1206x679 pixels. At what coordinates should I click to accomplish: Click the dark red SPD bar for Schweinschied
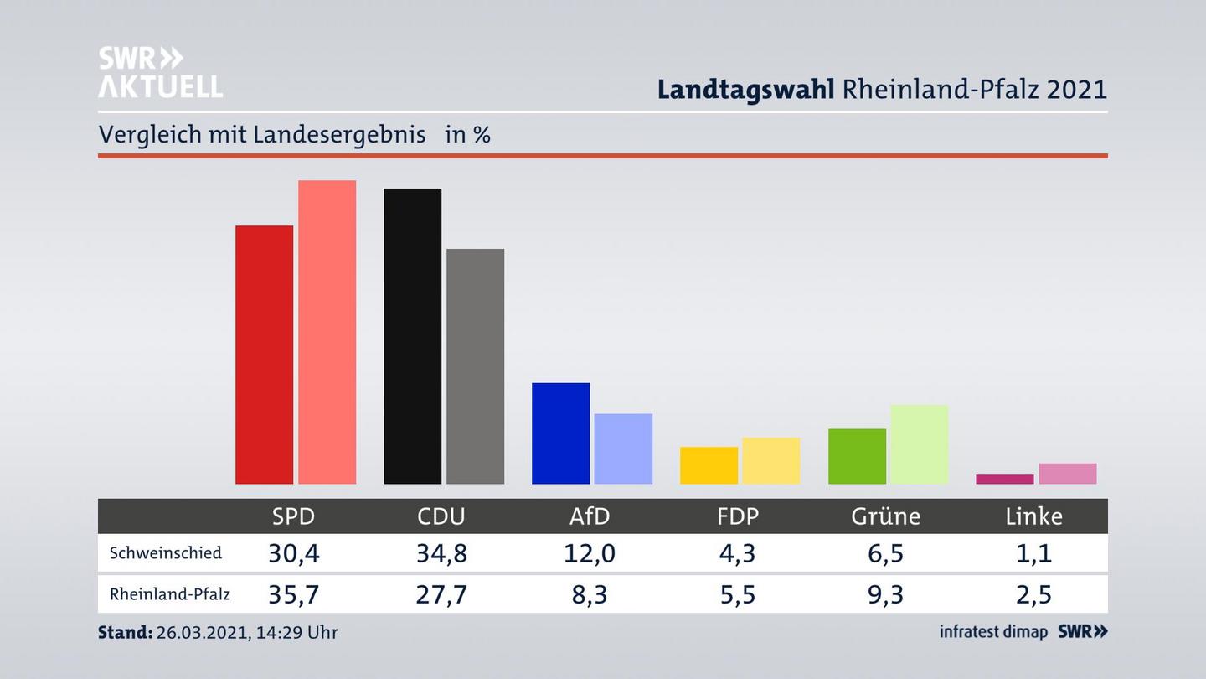[264, 355]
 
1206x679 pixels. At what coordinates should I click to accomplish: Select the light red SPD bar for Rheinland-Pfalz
[327, 332]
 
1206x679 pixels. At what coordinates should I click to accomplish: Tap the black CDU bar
[412, 336]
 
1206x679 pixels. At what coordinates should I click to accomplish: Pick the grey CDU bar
[475, 366]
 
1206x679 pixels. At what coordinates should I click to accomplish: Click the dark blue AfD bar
[560, 433]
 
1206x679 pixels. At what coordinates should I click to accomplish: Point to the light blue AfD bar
[623, 448]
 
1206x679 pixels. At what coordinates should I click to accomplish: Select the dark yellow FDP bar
[709, 465]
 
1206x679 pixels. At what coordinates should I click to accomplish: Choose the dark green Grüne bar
[857, 456]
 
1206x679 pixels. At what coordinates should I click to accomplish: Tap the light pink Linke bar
[1067, 474]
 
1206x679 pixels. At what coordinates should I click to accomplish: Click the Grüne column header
[885, 516]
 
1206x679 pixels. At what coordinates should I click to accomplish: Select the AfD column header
[590, 516]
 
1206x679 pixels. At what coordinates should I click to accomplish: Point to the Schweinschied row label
[166, 553]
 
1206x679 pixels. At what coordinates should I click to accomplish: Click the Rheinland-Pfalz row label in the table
[170, 594]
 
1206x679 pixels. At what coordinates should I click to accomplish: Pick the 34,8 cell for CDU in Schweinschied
[441, 553]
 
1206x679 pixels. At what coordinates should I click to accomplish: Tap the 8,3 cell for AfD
[590, 594]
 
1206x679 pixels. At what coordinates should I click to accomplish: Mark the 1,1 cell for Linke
[1033, 553]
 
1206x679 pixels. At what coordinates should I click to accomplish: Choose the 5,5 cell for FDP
[737, 594]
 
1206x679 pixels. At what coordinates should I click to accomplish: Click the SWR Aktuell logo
[160, 72]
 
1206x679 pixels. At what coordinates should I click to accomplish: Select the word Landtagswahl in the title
[745, 89]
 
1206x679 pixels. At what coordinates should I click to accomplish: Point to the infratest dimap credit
[993, 632]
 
